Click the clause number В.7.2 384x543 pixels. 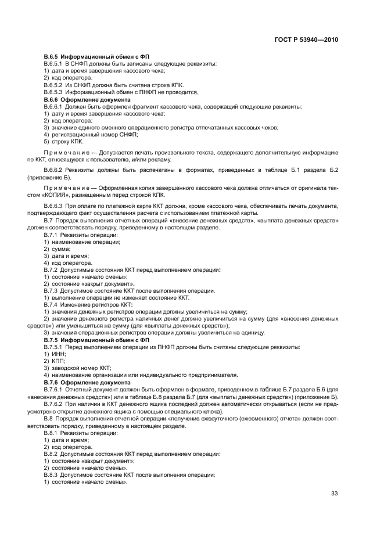point(52,270)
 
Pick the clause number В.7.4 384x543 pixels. point(52,304)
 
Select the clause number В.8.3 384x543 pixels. point(52,474)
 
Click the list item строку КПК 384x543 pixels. point(67,142)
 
